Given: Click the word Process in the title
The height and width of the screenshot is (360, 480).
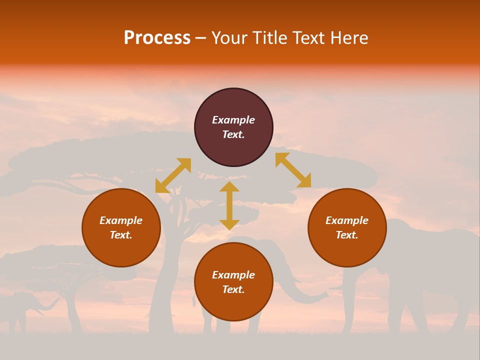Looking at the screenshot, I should point(157,38).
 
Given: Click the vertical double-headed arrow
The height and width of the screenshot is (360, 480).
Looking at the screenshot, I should point(229,205).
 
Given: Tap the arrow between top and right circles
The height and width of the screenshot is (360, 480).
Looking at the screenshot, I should point(293,170).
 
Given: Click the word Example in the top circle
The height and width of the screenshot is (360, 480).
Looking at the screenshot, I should point(233,120).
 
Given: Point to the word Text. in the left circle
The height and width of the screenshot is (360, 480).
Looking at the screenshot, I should point(121,235).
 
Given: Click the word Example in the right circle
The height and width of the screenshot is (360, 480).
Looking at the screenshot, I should point(347,220).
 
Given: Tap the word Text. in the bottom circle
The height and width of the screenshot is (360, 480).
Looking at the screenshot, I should point(233,289).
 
